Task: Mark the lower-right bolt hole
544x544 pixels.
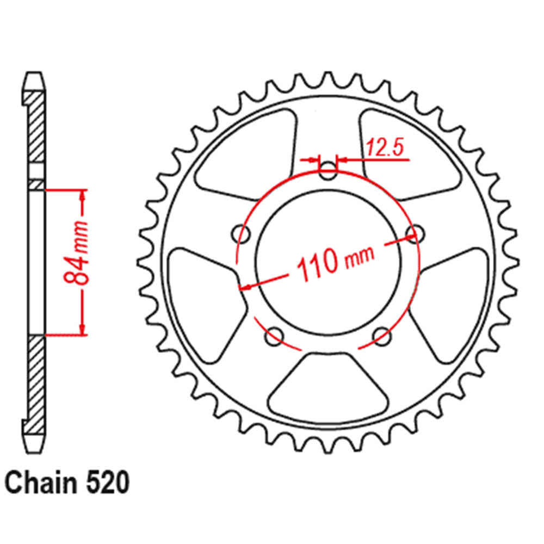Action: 382,336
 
